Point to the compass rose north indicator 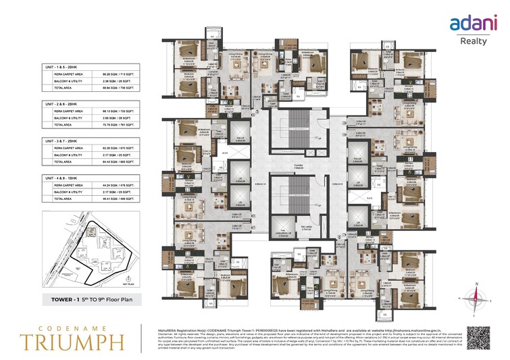pyautogui.click(x=477, y=294)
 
